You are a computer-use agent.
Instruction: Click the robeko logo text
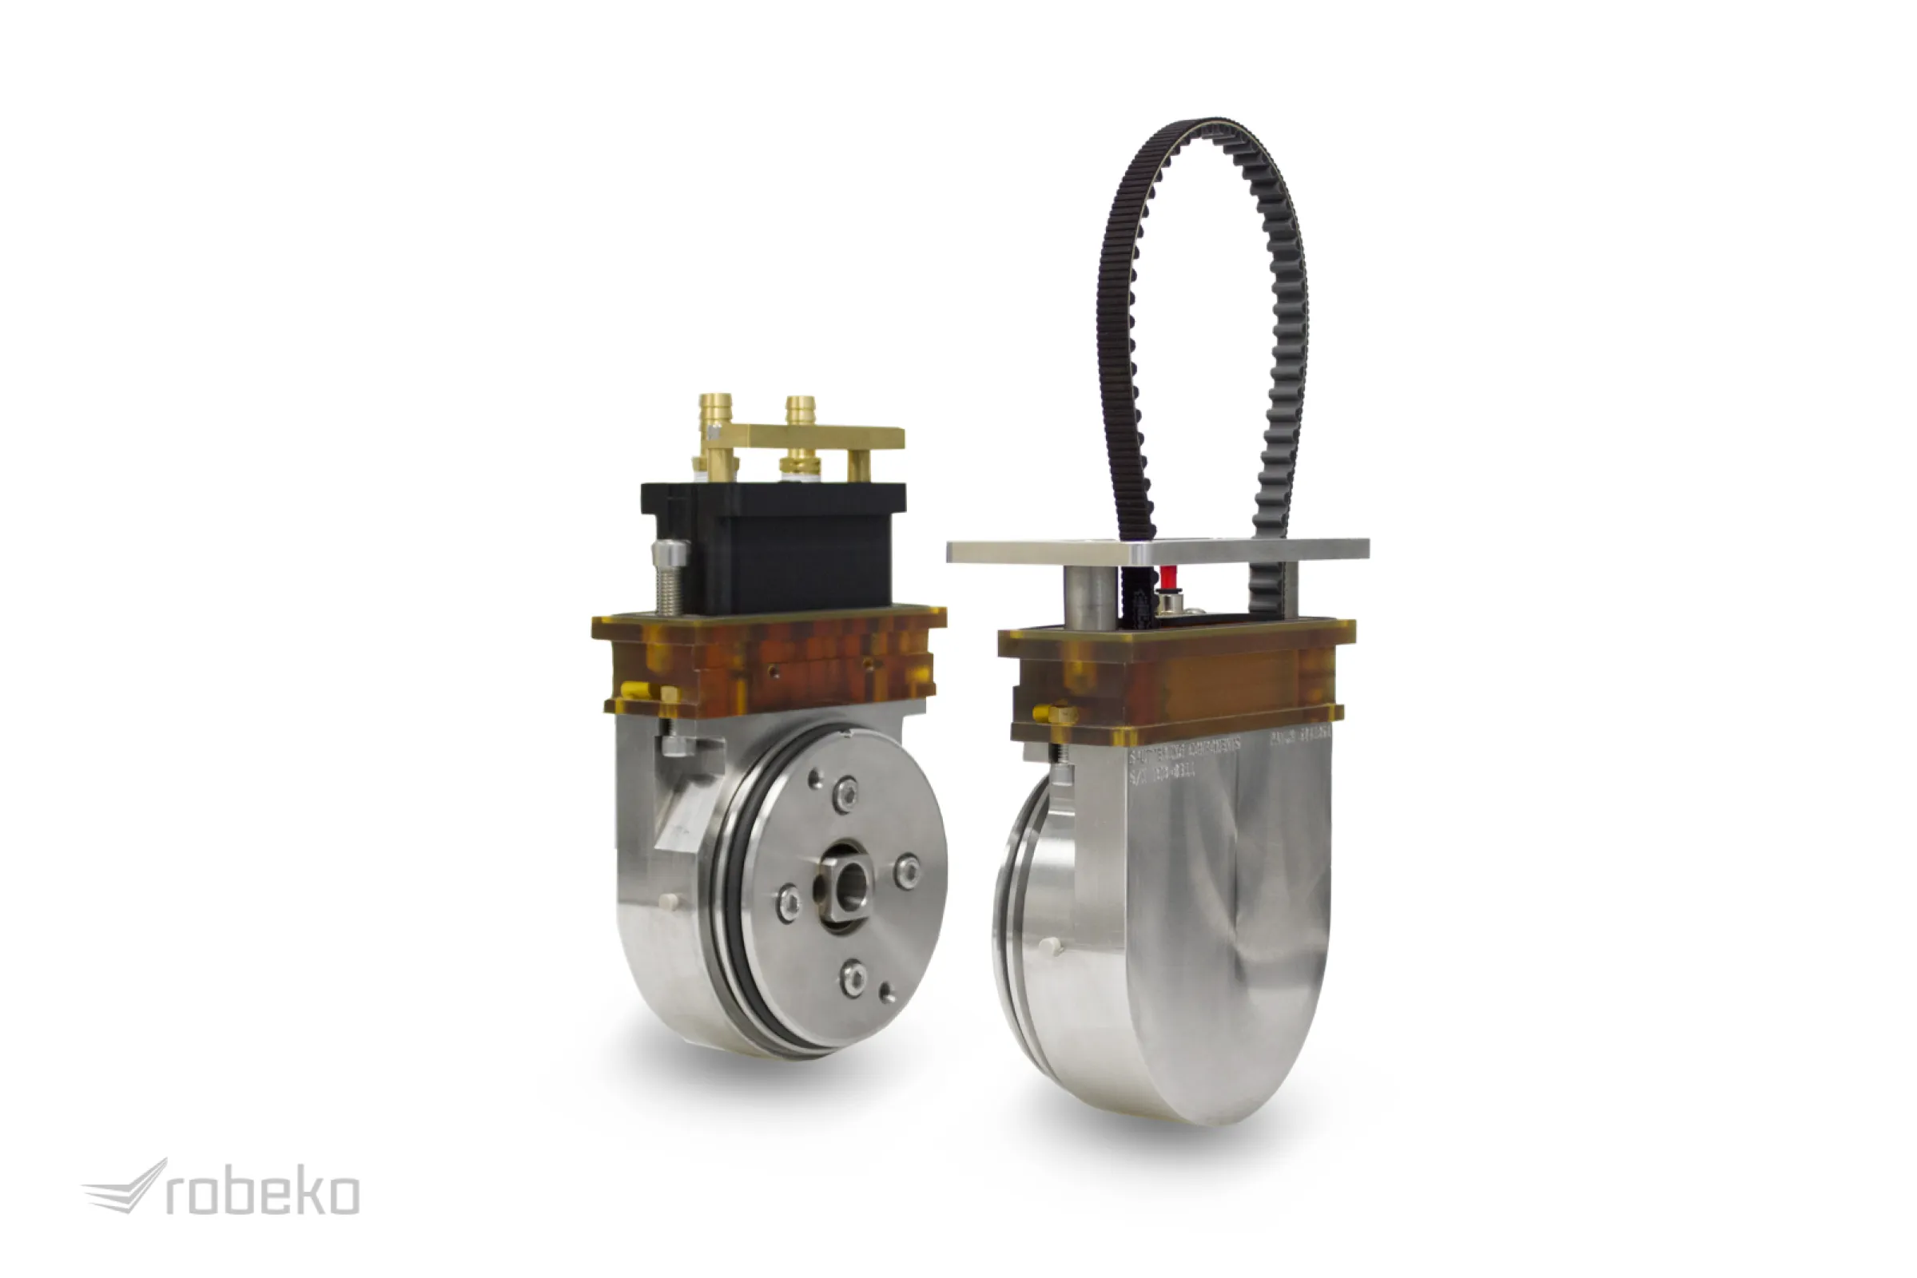tap(262, 1195)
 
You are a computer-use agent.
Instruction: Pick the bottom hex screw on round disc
tap(853, 975)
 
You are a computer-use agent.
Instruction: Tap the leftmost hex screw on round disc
tap(788, 903)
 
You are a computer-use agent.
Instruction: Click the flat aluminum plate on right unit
tap(1158, 551)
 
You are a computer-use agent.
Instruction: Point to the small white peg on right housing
tap(1052, 947)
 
